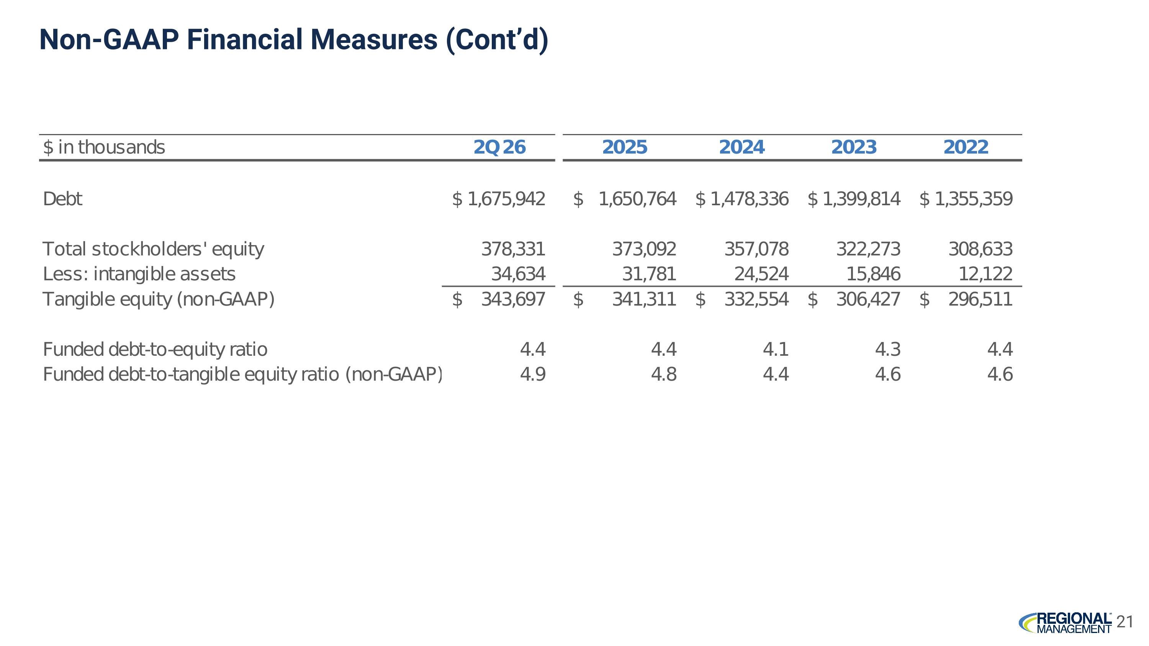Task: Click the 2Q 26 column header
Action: click(499, 147)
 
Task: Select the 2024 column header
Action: click(742, 147)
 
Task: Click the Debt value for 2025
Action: click(637, 199)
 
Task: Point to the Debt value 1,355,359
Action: click(974, 199)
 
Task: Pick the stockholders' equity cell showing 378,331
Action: click(513, 249)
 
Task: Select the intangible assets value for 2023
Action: click(873, 274)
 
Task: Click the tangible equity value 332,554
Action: click(756, 299)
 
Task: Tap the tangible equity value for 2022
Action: click(980, 299)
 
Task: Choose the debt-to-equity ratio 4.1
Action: click(776, 349)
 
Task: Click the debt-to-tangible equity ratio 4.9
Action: click(533, 374)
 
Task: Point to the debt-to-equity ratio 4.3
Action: click(888, 349)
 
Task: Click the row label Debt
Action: click(62, 199)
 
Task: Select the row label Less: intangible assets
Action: click(139, 274)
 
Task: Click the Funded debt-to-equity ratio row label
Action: click(155, 349)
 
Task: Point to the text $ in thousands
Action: click(104, 147)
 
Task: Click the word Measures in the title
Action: click(374, 39)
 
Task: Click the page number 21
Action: click(1124, 621)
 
